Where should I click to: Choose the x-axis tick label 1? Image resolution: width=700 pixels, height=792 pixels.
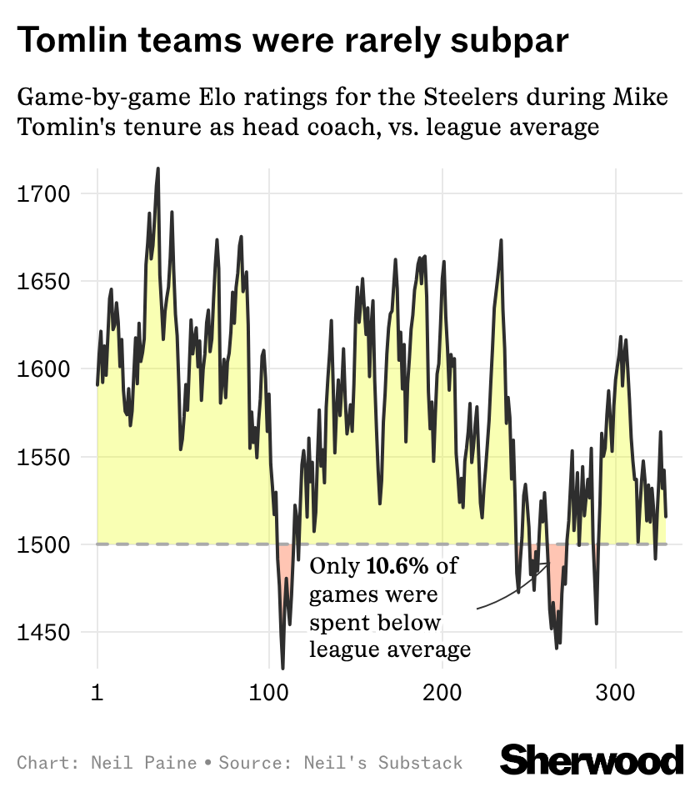coord(97,694)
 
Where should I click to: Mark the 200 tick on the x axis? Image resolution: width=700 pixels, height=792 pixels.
coord(442,694)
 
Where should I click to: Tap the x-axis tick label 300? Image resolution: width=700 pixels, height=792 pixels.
coord(615,694)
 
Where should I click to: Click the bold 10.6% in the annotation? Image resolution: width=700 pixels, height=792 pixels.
coord(397,567)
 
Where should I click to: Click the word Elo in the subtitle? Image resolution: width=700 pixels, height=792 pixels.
coord(235,98)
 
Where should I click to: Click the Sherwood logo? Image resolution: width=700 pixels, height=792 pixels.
coord(592,759)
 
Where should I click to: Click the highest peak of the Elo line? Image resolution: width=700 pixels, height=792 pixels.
coord(158,168)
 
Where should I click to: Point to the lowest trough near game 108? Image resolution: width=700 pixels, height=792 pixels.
coord(283,667)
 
